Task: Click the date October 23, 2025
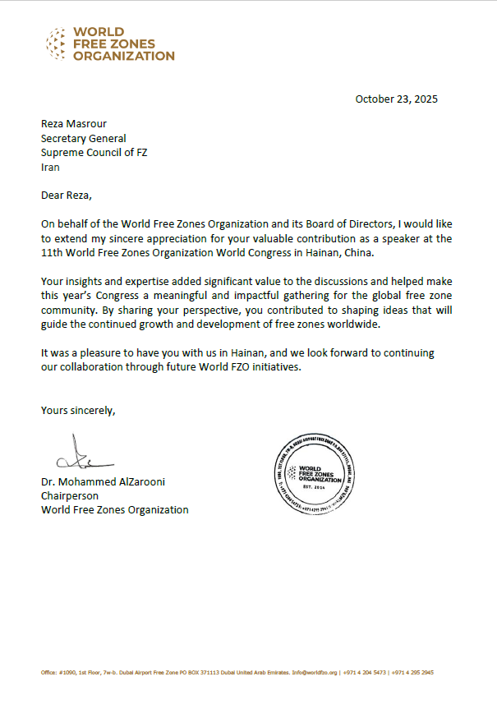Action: pyautogui.click(x=396, y=99)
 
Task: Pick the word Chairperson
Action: pyautogui.click(x=70, y=496)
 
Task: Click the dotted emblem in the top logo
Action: pyautogui.click(x=56, y=44)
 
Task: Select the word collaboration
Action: pyautogui.click(x=98, y=366)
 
